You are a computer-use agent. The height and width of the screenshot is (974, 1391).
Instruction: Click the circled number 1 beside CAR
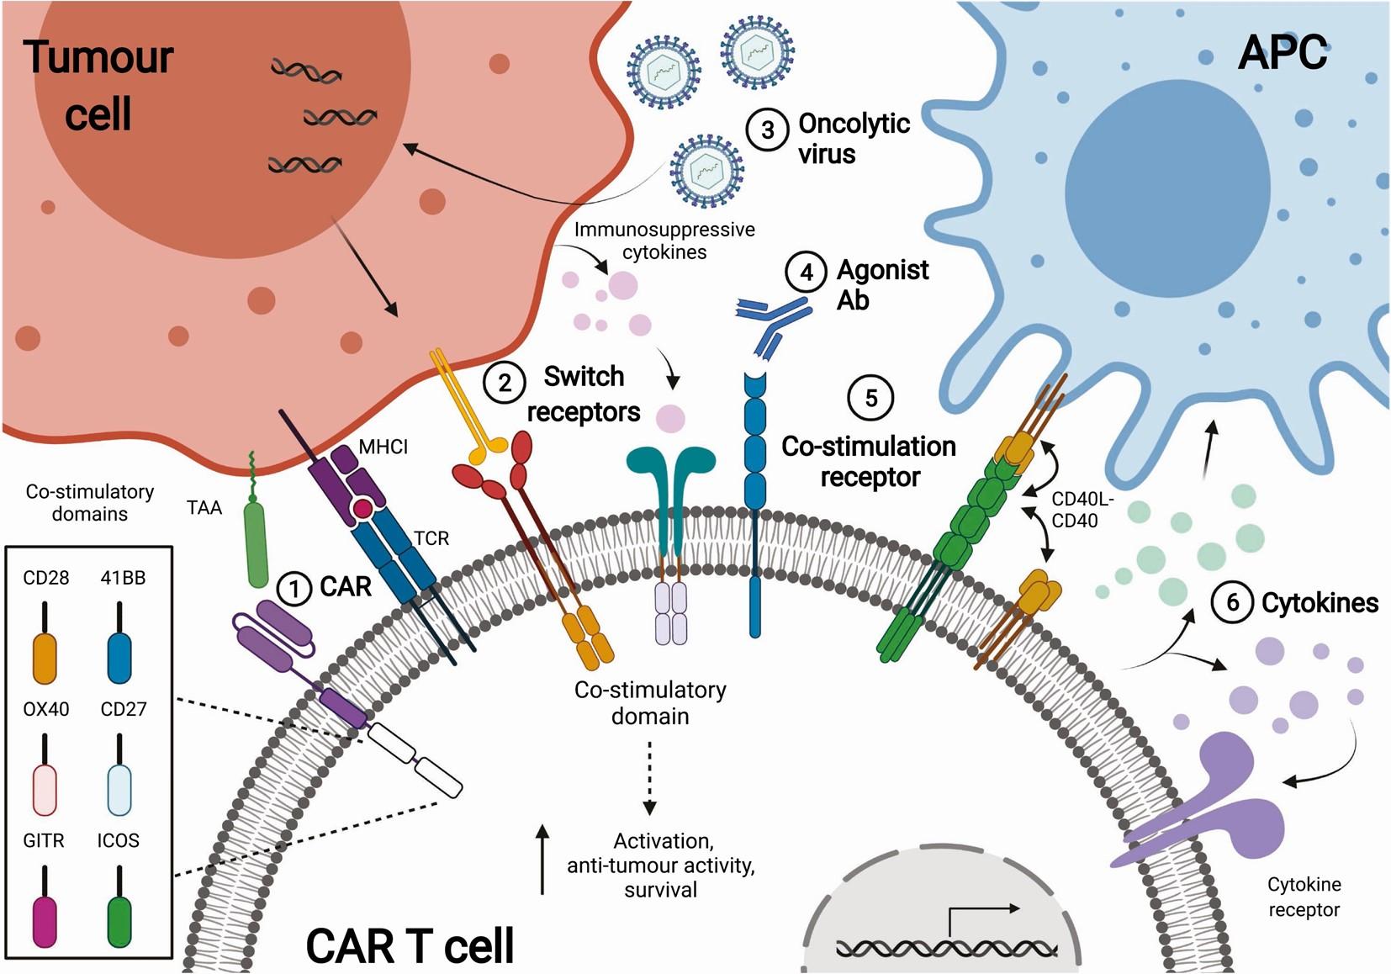point(294,589)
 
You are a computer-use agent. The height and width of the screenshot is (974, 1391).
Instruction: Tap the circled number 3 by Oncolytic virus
point(767,130)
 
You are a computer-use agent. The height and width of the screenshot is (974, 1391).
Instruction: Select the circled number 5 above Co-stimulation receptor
point(871,398)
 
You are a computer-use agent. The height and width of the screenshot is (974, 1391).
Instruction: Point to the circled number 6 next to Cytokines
point(1232,602)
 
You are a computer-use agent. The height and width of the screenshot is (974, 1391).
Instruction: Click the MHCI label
point(383,447)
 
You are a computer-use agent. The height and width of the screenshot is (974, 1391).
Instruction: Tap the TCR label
point(431,538)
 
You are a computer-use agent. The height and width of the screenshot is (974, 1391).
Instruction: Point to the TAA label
point(204,508)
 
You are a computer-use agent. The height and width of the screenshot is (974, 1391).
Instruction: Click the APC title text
point(1283,53)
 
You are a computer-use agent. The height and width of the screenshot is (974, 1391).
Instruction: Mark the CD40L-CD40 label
point(1082,510)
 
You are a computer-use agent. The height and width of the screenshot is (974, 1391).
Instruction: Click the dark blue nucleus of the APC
point(1167,188)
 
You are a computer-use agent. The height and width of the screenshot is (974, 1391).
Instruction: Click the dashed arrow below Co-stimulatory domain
point(649,778)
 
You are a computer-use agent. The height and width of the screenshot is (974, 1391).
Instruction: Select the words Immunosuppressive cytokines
point(664,241)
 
